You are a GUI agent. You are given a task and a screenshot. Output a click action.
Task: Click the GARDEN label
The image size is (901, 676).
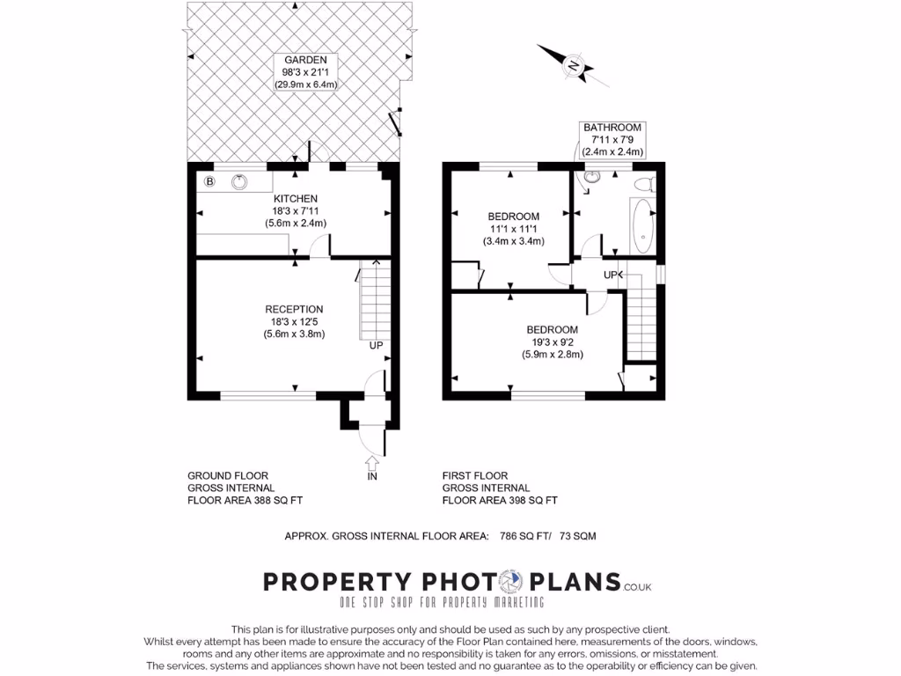point(294,60)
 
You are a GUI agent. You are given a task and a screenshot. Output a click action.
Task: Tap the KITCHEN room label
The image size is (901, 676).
point(295,199)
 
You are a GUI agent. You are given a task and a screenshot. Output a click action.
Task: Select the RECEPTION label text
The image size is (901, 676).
point(294,309)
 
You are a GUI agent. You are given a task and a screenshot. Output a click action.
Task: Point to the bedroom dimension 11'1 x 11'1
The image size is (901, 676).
point(514,229)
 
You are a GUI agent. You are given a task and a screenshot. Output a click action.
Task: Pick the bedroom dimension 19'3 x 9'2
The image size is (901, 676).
point(552,342)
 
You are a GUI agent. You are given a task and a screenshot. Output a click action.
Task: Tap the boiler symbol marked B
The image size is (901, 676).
point(209,181)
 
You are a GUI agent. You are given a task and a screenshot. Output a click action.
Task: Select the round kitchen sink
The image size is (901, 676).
point(239,182)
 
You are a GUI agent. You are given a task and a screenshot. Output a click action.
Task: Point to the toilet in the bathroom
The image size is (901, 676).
point(643,182)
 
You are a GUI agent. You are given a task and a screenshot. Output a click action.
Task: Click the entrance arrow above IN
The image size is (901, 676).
point(371,462)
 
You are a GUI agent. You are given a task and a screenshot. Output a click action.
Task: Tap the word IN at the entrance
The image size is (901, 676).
point(372,476)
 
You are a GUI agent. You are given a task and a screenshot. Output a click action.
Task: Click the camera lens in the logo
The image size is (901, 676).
point(509,582)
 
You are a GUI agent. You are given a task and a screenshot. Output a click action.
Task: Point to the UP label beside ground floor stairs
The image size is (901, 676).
point(376,345)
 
